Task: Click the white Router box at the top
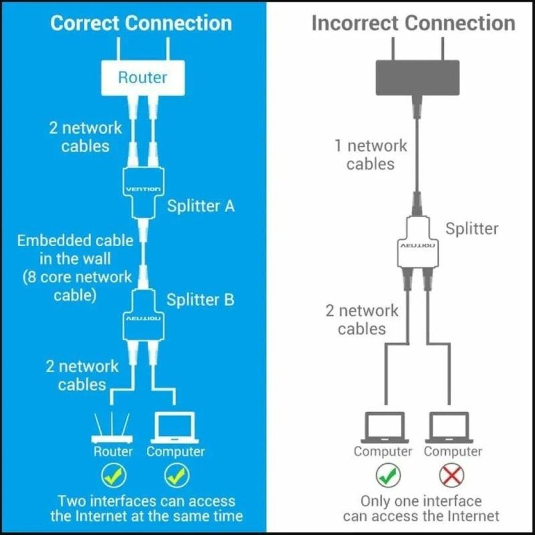pos(143,78)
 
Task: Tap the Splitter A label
pos(200,206)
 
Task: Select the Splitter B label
pos(200,300)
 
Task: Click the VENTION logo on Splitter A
pos(143,190)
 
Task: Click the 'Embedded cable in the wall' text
pos(75,250)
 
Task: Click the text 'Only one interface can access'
pos(421,501)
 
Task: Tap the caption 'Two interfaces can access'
pos(146,501)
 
